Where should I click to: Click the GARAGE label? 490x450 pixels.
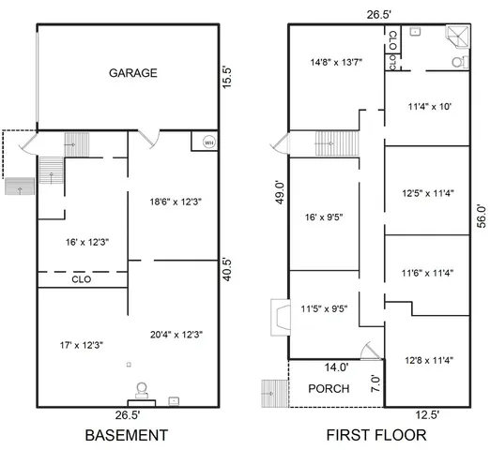tap(131, 73)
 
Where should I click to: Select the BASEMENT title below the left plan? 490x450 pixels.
tap(127, 435)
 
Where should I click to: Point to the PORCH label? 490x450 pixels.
tap(329, 388)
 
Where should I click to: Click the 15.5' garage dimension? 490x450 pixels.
tap(225, 76)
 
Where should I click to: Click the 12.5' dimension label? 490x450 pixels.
tap(427, 413)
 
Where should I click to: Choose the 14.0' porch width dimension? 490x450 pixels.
tap(335, 367)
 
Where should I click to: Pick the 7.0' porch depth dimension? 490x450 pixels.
tap(375, 384)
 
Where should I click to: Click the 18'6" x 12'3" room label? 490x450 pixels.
tap(176, 202)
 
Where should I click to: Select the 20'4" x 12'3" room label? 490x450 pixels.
tap(176, 334)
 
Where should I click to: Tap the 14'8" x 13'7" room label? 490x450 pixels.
tap(335, 64)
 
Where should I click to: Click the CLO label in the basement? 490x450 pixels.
tap(82, 278)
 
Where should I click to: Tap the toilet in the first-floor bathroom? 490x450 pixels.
tap(458, 61)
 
